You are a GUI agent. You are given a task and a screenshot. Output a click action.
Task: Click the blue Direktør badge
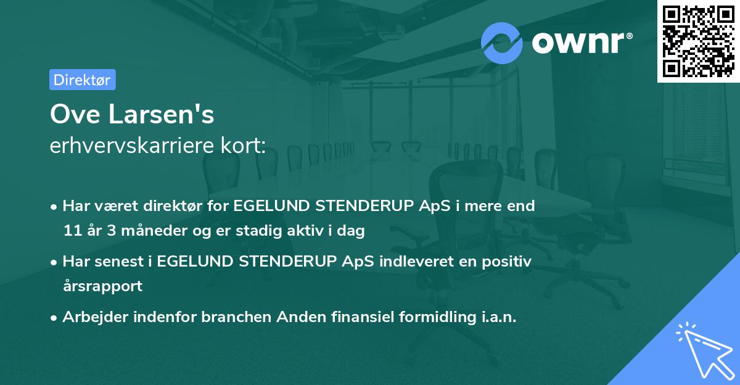[82, 80]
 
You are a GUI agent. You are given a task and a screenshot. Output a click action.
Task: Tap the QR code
[697, 41]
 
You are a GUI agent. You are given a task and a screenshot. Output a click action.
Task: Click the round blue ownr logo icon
[502, 43]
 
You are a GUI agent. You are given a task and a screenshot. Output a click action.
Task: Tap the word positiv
[508, 261]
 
